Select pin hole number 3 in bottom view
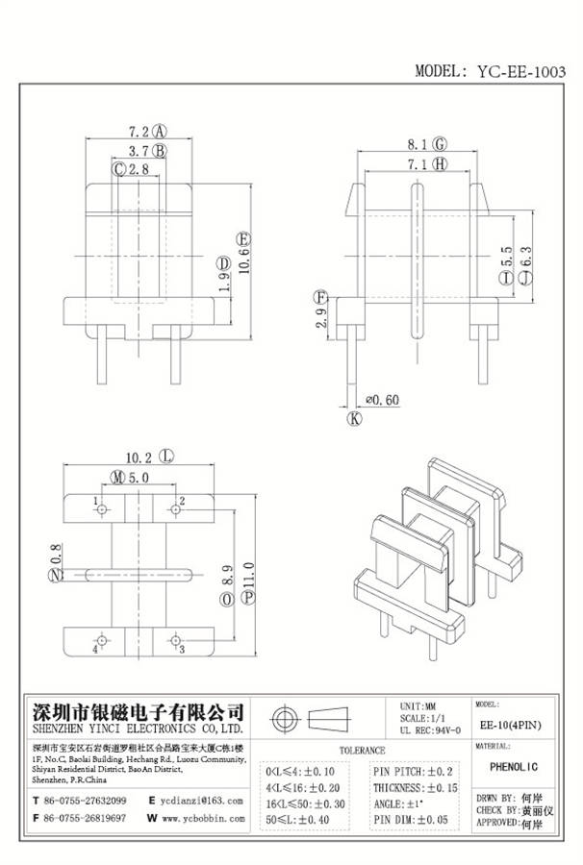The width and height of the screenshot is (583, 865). coord(176,638)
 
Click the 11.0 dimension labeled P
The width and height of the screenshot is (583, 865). coord(247,581)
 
